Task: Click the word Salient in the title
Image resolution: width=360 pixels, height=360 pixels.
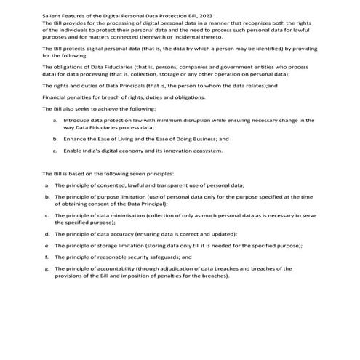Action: pyautogui.click(x=53, y=15)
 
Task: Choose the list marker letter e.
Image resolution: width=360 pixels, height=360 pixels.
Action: pyautogui.click(x=47, y=246)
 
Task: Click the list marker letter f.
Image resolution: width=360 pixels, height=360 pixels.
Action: pyautogui.click(x=46, y=257)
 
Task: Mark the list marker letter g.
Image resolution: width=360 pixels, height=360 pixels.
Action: pyautogui.click(x=47, y=268)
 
